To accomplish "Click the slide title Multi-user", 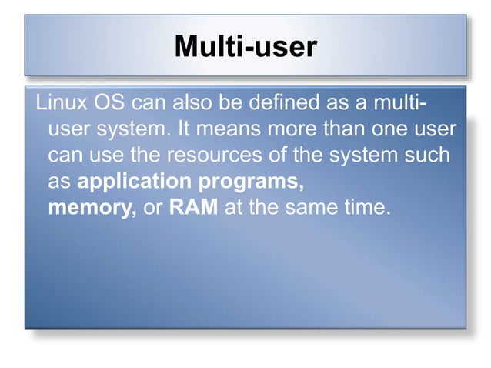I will [x=245, y=47].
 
